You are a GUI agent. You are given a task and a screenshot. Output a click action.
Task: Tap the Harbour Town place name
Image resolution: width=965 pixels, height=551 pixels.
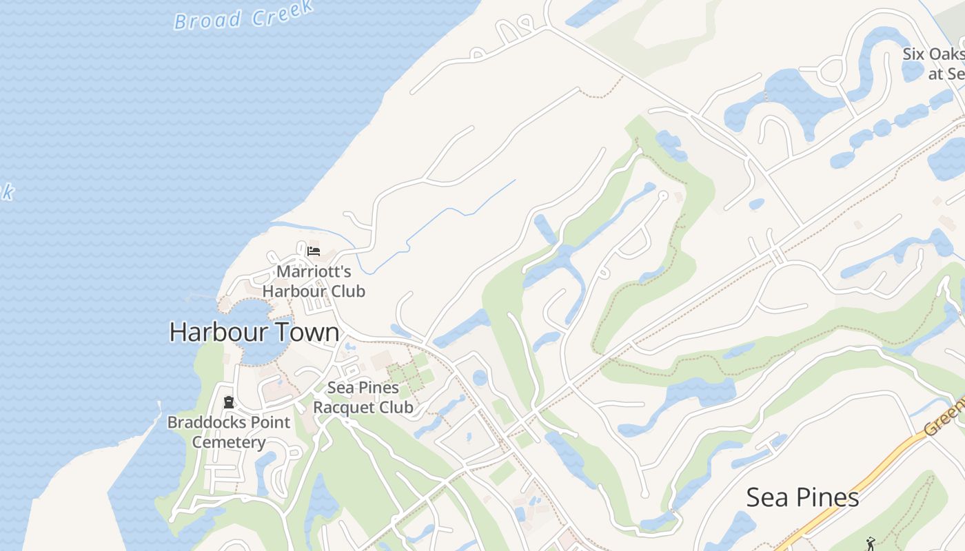point(254,332)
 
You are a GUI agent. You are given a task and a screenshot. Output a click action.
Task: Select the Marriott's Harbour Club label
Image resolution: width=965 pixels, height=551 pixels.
point(314,281)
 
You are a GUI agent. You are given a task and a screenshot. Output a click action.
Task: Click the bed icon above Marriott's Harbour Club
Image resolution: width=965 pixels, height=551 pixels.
point(314,250)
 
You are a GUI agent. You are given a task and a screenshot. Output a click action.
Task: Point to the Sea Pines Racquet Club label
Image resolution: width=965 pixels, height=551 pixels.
point(363,397)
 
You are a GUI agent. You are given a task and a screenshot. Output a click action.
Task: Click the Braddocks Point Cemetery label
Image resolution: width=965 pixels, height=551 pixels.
point(229,432)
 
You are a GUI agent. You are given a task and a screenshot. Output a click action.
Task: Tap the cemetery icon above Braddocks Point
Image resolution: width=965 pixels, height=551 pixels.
point(229,402)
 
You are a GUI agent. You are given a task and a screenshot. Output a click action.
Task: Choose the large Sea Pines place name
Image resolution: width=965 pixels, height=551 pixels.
point(802,497)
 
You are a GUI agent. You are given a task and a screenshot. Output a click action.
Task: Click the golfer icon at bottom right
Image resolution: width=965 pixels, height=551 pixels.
point(869,543)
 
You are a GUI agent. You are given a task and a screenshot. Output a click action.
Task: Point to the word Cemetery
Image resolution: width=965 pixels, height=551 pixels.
point(229,442)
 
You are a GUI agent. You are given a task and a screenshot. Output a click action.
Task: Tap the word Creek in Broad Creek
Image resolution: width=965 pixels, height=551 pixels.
point(282,12)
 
